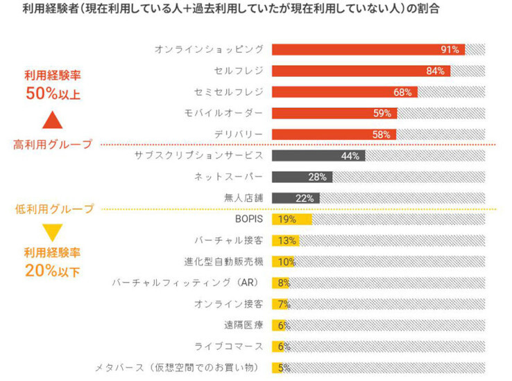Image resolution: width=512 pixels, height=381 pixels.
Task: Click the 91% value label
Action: [450, 50]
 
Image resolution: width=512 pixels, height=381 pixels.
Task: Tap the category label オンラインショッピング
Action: [209, 50]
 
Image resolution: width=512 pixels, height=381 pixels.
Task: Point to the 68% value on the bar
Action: [403, 92]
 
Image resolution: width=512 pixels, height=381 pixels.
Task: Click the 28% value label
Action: [318, 177]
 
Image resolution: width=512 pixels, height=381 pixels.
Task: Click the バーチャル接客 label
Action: [228, 240]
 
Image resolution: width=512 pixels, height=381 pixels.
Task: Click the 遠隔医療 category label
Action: [244, 325]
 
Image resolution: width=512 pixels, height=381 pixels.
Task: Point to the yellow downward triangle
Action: [53, 232]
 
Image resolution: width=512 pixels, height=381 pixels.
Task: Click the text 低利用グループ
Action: [54, 209]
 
